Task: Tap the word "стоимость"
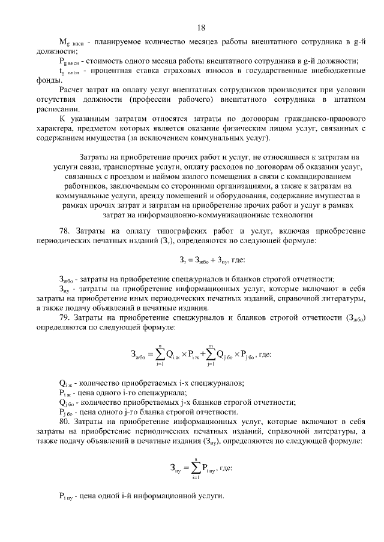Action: [x=105, y=62]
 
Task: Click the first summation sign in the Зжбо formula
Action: [x=160, y=354]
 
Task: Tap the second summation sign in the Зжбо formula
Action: [x=211, y=354]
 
